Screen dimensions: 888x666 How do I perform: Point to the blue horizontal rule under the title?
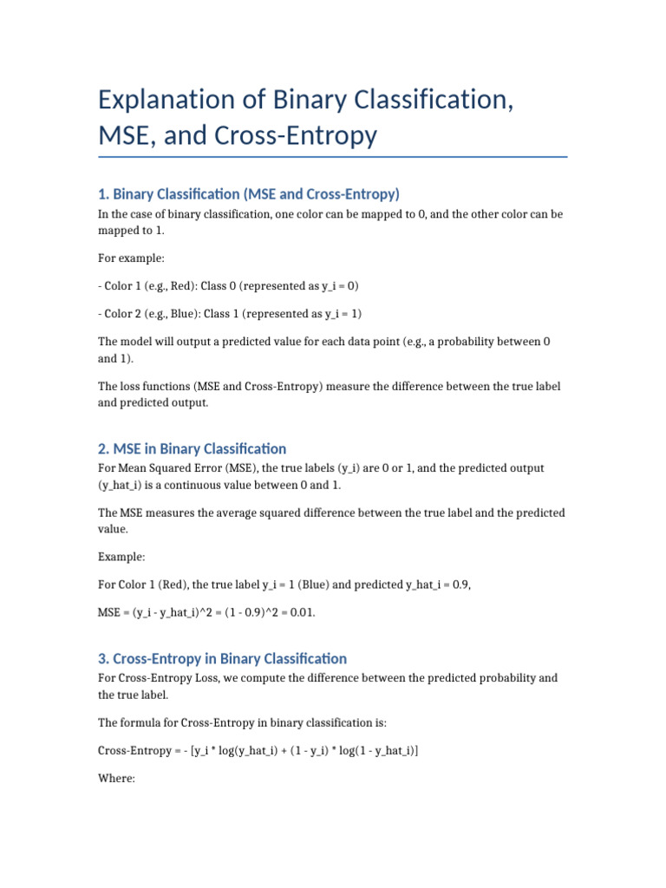(x=333, y=157)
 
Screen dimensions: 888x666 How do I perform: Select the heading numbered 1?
(x=248, y=193)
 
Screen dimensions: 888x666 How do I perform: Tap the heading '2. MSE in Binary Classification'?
(x=192, y=448)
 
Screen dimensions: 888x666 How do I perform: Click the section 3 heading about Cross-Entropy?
(x=222, y=658)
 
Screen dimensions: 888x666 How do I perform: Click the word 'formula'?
(x=138, y=722)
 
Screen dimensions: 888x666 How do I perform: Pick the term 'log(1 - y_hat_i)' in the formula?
(x=373, y=751)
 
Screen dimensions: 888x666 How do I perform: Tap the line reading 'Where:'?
(x=116, y=779)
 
